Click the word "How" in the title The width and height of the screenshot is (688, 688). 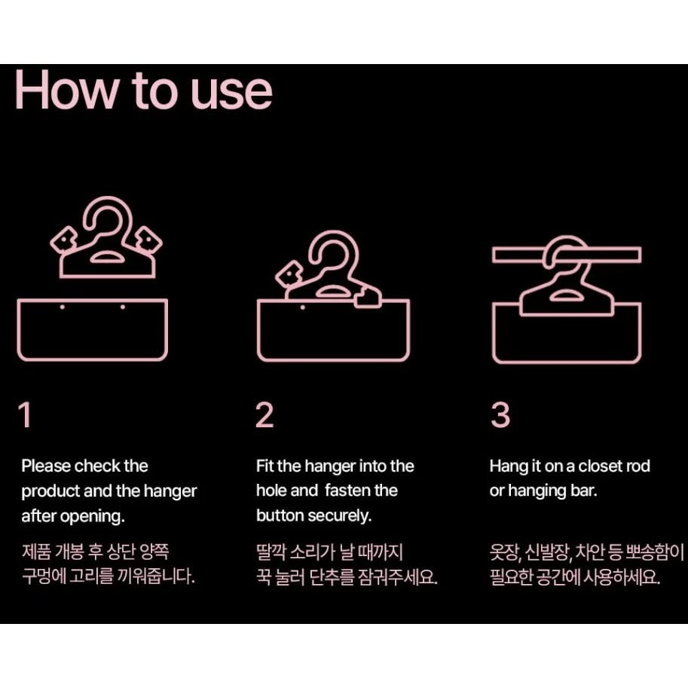tap(67, 90)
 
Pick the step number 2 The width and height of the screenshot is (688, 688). tap(264, 414)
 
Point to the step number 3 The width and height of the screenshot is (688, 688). tap(500, 414)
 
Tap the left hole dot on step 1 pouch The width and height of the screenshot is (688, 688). tap(63, 307)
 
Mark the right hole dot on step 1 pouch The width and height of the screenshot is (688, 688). tap(123, 307)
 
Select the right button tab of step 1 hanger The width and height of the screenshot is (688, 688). tap(148, 240)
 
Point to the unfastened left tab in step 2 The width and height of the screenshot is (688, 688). tap(289, 274)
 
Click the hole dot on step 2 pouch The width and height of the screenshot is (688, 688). tap(303, 307)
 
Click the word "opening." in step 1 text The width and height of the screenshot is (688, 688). tap(92, 516)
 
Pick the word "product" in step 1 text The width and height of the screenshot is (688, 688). tap(50, 491)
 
